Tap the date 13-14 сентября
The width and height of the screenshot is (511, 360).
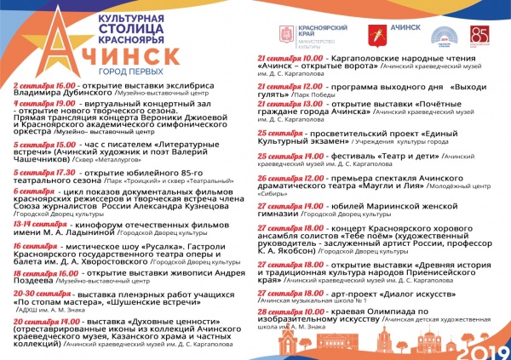point(37,224)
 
